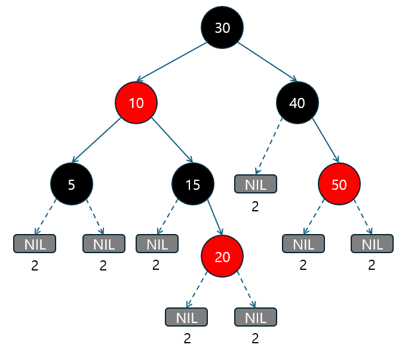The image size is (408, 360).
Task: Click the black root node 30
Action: (x=222, y=28)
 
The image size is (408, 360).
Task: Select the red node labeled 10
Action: (x=136, y=103)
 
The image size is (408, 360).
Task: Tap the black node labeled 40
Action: (x=297, y=103)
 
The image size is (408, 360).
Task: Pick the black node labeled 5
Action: (x=72, y=184)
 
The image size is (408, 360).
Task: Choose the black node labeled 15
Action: (x=192, y=184)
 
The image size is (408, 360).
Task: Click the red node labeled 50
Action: (x=339, y=184)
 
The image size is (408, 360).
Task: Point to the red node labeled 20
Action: (x=222, y=257)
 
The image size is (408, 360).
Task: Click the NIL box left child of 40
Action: (x=256, y=184)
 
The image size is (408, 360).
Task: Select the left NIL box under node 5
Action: (x=35, y=244)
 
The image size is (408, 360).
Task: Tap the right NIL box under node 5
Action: (x=103, y=244)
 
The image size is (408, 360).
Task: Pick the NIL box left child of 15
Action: (x=157, y=244)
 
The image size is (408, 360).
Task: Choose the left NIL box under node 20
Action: (x=186, y=316)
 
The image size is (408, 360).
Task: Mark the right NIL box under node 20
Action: (x=256, y=316)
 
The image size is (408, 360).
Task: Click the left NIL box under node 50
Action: (x=303, y=244)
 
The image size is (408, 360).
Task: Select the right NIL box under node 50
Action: (x=372, y=244)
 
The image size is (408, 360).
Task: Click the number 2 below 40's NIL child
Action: (x=255, y=207)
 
